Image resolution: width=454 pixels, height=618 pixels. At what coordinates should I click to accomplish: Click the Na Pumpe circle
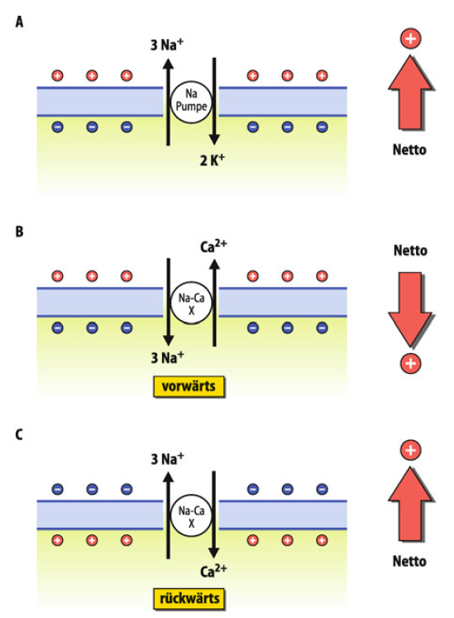point(191,102)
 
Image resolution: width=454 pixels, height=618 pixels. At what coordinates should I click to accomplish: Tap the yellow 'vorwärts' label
point(189,386)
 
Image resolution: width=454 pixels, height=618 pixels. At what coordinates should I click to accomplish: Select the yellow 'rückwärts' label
point(189,599)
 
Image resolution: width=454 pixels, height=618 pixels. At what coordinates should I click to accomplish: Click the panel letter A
point(19,22)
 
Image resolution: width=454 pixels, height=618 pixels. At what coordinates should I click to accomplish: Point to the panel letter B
point(19,232)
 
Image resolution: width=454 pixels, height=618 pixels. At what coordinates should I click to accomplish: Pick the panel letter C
point(19,434)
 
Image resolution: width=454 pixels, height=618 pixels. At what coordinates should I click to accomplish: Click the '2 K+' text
point(213,160)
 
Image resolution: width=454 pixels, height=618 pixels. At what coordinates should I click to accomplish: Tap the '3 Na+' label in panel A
point(167,45)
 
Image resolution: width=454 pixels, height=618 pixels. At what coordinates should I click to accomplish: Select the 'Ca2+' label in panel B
point(213,246)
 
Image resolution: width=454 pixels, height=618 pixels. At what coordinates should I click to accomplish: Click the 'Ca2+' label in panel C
point(213,571)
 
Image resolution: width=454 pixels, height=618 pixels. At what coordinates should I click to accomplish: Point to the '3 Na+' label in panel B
point(168,357)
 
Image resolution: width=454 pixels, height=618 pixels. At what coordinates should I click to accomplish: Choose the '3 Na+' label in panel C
point(168,459)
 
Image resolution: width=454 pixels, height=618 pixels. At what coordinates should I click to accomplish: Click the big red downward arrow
point(410,309)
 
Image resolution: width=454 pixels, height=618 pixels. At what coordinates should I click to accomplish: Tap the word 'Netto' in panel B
point(410,251)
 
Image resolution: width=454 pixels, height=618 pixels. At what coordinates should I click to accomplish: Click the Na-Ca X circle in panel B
point(191,303)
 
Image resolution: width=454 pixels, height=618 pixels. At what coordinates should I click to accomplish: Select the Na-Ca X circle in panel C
point(191,515)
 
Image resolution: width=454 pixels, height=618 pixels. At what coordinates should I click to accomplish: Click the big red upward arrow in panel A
point(410,93)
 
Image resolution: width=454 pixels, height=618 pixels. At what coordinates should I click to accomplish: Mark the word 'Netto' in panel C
point(409,561)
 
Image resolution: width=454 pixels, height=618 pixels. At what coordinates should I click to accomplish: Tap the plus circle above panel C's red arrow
point(411,450)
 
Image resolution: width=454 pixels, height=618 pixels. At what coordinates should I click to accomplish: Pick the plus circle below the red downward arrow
point(411,363)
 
